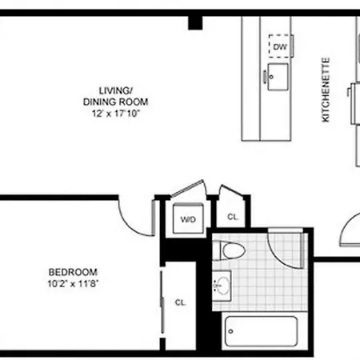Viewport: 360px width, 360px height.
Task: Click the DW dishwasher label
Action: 280,47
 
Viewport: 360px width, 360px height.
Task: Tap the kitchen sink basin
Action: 278,77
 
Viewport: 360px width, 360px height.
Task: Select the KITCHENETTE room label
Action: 326,90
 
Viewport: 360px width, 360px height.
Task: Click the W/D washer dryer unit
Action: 188,219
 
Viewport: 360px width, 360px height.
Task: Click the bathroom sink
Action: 222,286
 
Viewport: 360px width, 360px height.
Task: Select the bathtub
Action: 261,331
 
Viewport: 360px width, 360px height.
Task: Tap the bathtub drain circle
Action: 230,331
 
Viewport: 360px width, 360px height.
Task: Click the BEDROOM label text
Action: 73,272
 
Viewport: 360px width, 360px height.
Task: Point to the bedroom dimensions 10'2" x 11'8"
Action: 73,283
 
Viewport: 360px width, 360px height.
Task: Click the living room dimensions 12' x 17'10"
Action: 116,114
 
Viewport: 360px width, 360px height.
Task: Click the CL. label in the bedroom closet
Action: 181,302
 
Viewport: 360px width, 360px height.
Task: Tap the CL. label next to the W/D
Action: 233,217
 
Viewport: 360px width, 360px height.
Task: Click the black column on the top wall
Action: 195,22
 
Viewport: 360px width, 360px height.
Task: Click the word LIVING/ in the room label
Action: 116,90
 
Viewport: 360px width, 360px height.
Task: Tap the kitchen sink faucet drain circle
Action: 271,77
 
